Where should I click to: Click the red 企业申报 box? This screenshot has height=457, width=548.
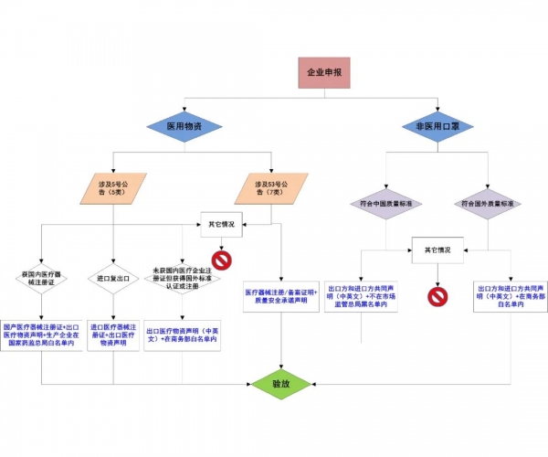[324, 71]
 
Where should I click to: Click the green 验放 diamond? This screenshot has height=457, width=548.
[280, 384]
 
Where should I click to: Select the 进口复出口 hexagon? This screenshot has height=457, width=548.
[114, 278]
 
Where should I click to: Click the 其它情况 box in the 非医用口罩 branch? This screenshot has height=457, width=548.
[437, 249]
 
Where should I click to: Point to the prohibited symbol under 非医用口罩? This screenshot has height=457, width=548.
[437, 296]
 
